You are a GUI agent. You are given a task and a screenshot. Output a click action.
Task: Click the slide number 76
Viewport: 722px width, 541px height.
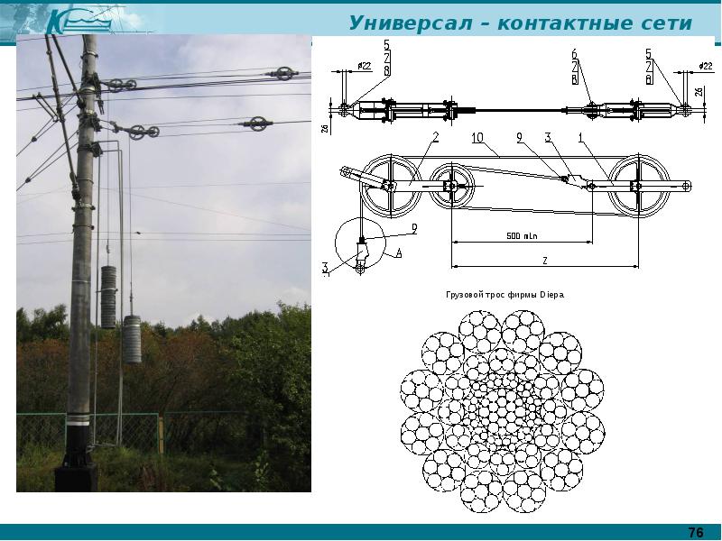[696, 531]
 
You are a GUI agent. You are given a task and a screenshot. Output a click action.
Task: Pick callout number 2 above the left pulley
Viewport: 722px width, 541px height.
[434, 137]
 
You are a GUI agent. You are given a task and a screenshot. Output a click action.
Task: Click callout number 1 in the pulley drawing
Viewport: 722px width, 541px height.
[580, 137]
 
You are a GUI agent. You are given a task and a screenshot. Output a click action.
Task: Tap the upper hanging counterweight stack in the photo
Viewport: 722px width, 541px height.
[108, 297]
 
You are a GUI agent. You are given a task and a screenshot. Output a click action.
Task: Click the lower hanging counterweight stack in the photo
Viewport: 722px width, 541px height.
[132, 339]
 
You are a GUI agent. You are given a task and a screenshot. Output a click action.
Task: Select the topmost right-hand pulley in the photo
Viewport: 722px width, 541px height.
[283, 74]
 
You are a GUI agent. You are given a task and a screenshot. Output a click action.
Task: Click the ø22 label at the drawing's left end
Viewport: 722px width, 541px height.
[366, 66]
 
